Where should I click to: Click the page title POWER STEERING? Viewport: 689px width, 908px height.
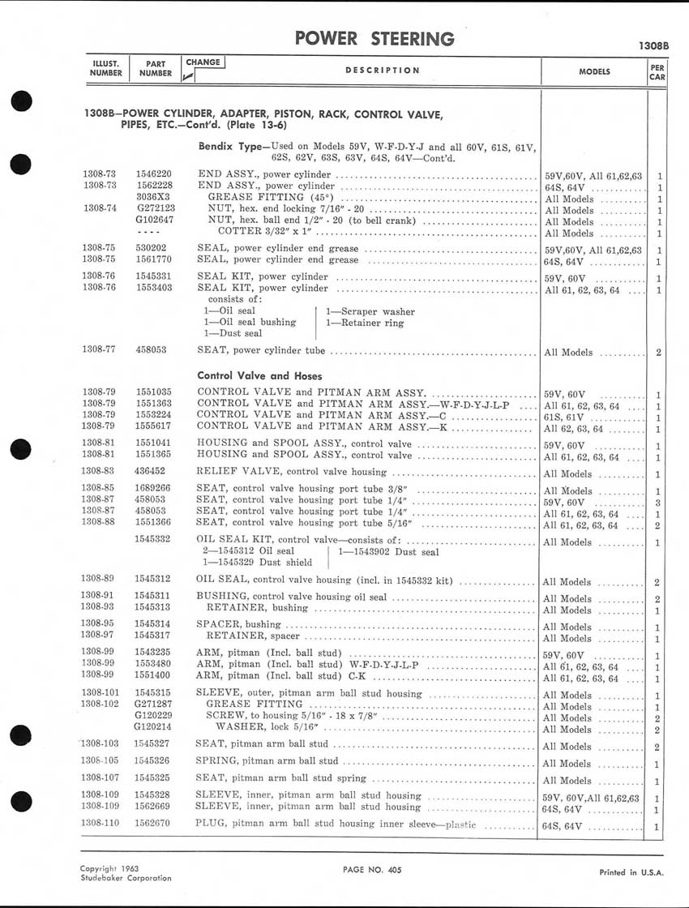click(374, 39)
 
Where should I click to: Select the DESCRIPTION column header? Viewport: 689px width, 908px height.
click(383, 71)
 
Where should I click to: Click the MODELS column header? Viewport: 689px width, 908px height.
click(594, 71)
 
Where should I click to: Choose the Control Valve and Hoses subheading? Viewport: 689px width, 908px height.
click(259, 375)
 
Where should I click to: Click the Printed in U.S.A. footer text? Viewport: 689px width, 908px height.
click(629, 872)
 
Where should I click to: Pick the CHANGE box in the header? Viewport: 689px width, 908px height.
click(203, 62)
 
